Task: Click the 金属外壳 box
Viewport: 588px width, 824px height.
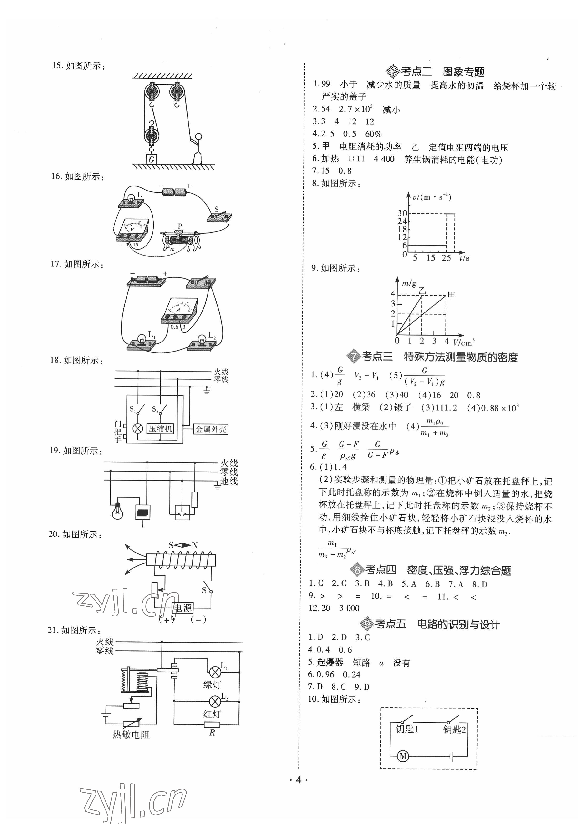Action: (211, 429)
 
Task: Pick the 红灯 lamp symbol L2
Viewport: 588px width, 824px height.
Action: (215, 702)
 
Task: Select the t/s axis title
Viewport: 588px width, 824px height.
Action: (464, 258)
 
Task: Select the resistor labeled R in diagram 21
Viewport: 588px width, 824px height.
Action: (212, 724)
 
